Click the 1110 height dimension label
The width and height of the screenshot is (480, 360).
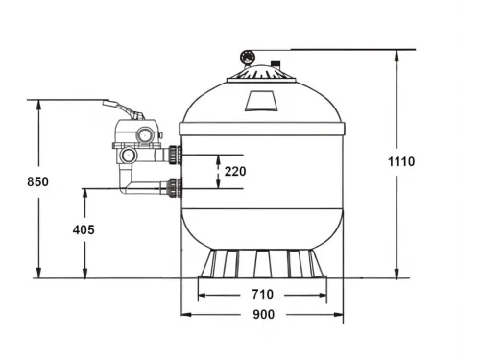pyautogui.click(x=401, y=161)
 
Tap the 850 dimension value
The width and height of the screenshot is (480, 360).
pyautogui.click(x=37, y=181)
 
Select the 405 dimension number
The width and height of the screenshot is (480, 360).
pyautogui.click(x=84, y=229)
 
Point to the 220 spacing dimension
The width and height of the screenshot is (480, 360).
pyautogui.click(x=235, y=172)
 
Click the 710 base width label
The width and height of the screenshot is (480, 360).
pyautogui.click(x=262, y=294)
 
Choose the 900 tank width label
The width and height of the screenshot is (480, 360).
pyautogui.click(x=264, y=315)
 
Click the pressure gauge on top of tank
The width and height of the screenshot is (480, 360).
pyautogui.click(x=248, y=58)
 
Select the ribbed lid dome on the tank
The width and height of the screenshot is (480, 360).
pyautogui.click(x=260, y=73)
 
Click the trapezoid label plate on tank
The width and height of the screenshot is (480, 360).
pyautogui.click(x=260, y=101)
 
